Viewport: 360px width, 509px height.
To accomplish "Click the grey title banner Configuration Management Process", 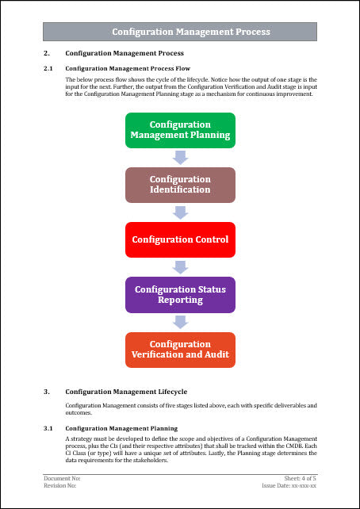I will [180, 32].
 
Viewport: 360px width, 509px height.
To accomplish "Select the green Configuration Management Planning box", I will [180, 130].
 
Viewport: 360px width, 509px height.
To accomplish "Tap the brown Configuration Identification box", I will [180, 185].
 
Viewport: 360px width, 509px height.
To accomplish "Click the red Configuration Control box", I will [180, 239].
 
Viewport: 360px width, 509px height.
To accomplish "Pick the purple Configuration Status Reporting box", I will [180, 294].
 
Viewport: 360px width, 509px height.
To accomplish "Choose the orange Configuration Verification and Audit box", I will [180, 349].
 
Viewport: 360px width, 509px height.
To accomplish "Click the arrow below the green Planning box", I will [180, 157].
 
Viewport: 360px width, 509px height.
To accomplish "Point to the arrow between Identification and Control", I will [180, 212].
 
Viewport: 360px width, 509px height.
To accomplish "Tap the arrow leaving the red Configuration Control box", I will [180, 266].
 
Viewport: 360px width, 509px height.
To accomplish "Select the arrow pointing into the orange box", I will [180, 322].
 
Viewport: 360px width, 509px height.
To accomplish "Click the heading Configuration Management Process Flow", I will [127, 69].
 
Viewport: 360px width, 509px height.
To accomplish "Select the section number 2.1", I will [48, 69].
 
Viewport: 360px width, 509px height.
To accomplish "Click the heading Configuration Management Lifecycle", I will [126, 392].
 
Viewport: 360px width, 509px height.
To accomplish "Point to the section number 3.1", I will [48, 428].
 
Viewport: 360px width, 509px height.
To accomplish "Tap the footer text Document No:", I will [62, 479].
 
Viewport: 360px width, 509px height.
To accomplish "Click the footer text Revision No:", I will [60, 485].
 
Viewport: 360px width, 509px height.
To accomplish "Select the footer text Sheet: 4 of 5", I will [301, 479].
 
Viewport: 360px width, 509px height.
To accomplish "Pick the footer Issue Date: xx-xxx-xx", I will [289, 485].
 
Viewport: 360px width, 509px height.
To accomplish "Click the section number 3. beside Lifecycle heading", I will [47, 392].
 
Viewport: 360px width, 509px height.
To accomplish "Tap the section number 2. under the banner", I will [47, 52].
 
